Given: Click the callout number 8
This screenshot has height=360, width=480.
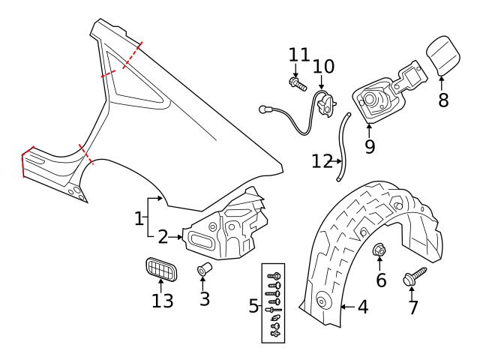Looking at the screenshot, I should pyautogui.click(x=443, y=100).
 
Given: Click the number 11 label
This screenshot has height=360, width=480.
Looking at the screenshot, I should pyautogui.click(x=299, y=54).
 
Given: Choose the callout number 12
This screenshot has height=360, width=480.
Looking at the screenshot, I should pyautogui.click(x=322, y=161).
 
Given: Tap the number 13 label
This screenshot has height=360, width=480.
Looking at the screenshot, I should pyautogui.click(x=163, y=301).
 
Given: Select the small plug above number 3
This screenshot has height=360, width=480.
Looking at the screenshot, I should pyautogui.click(x=202, y=270).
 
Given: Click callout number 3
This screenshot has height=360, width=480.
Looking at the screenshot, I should pyautogui.click(x=205, y=298).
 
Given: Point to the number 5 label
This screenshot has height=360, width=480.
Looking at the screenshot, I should pyautogui.click(x=253, y=306).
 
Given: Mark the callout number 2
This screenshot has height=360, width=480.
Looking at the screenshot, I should pyautogui.click(x=163, y=237).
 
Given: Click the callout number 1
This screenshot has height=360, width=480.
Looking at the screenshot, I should pyautogui.click(x=139, y=218).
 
